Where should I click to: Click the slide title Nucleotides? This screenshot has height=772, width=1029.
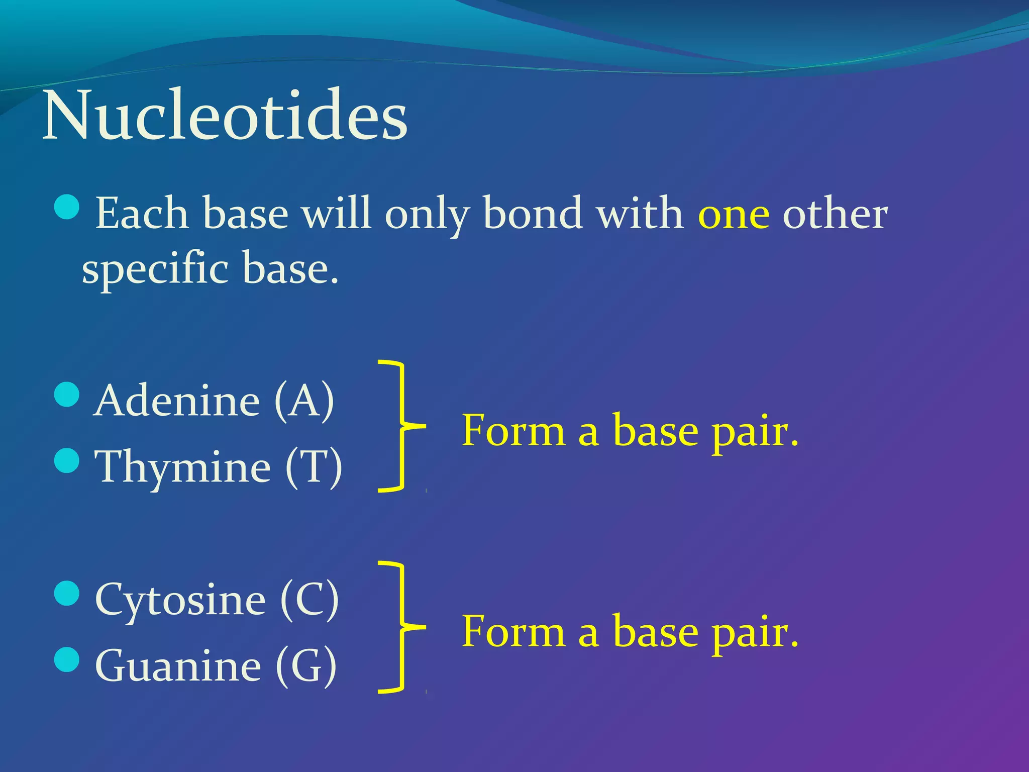[x=225, y=117]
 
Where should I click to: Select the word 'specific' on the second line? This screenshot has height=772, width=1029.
[x=155, y=269]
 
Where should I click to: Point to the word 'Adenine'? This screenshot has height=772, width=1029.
[x=176, y=401]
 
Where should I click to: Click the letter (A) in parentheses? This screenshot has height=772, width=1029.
[x=304, y=401]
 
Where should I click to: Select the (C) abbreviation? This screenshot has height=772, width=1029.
[x=309, y=599]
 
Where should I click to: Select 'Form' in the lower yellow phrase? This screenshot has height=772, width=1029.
[x=513, y=632]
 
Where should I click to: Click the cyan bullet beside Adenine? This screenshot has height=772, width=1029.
[x=67, y=395]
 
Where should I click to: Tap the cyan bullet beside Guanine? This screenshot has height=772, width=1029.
[x=67, y=659]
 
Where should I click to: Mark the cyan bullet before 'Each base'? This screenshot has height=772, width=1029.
[x=67, y=207]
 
